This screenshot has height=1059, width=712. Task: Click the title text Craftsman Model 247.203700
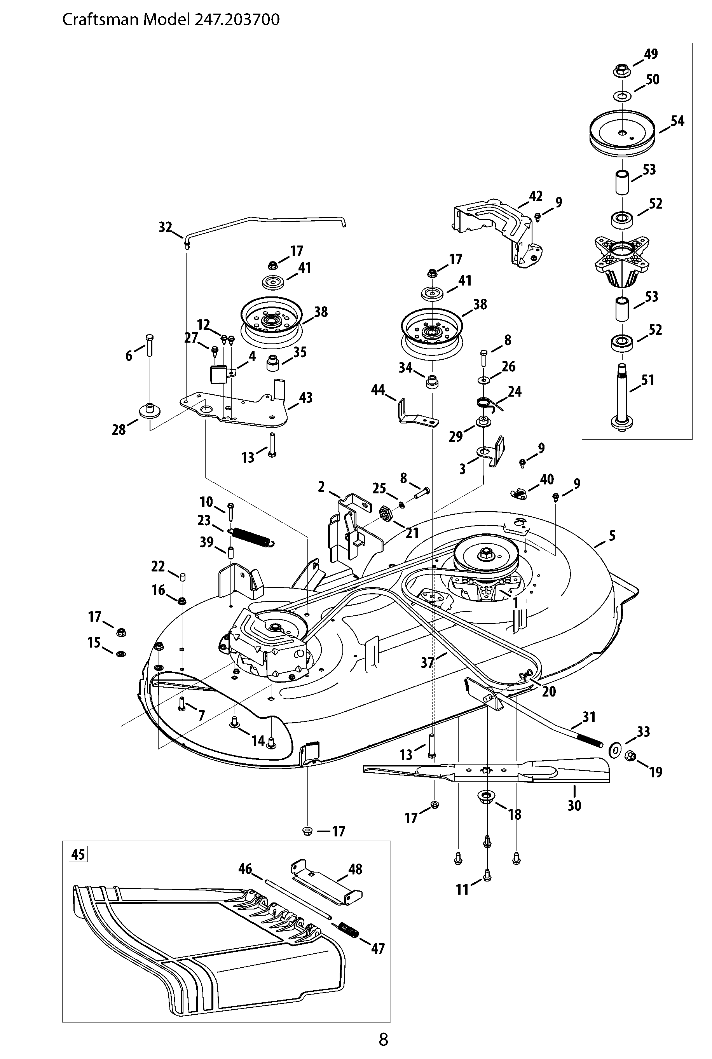[171, 20]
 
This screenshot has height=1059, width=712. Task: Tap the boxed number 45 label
[78, 854]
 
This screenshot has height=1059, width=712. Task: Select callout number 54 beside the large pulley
[677, 121]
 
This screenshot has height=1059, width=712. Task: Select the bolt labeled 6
[150, 345]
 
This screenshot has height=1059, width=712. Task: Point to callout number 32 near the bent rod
[165, 227]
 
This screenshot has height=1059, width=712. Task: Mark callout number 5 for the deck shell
[612, 536]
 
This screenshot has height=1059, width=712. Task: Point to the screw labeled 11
[487, 875]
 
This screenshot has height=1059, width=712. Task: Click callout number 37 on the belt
[427, 662]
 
